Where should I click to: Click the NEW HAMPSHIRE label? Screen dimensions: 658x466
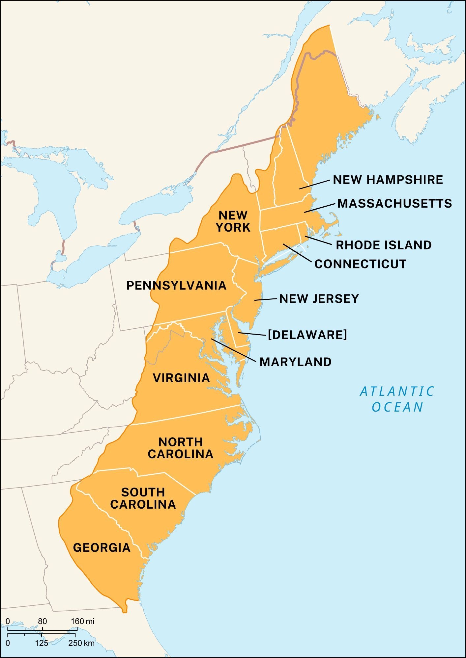388,180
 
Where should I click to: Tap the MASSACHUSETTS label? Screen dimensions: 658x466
394,203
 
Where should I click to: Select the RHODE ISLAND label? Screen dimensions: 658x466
384,245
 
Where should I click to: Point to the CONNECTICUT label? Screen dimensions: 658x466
360,264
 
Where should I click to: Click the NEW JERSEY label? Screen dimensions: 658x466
319,299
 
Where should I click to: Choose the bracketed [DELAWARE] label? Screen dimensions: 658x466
307,335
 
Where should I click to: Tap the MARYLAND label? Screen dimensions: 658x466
296,362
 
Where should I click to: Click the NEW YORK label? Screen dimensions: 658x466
233,221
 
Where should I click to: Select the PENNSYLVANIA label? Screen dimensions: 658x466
177,285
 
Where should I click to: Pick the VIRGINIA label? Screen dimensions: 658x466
181,378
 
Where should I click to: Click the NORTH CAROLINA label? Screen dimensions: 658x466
181,448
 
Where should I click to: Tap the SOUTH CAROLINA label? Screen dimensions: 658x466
143,498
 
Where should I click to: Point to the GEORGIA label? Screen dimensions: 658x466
102,547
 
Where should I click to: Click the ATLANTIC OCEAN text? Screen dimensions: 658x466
397,399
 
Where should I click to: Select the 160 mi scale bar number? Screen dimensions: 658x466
82,621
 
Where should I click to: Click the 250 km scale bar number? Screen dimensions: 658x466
81,643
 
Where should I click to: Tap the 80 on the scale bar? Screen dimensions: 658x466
42,621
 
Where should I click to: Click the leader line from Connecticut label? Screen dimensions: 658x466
297,253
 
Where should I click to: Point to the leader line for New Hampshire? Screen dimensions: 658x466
314,184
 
